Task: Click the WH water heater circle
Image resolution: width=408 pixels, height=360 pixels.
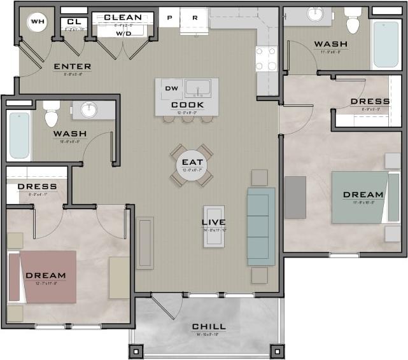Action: click(x=38, y=22)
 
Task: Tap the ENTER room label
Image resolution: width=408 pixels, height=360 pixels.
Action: click(x=72, y=66)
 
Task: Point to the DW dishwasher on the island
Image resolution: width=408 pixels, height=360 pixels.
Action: click(x=170, y=88)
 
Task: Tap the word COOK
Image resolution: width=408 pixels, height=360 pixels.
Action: click(x=187, y=104)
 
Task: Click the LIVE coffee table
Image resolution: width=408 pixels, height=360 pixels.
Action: click(x=214, y=226)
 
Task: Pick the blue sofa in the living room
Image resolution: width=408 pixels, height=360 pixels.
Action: click(x=261, y=226)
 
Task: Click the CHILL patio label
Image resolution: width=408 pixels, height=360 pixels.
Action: click(x=209, y=326)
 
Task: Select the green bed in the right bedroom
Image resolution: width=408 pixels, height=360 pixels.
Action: click(x=360, y=197)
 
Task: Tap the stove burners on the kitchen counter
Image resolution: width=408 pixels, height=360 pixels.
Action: click(x=266, y=59)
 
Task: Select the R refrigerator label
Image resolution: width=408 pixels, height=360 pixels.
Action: click(x=195, y=18)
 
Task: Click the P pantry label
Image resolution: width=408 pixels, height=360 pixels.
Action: click(x=170, y=18)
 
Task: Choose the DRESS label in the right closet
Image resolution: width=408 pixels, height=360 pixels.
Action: click(x=370, y=101)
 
